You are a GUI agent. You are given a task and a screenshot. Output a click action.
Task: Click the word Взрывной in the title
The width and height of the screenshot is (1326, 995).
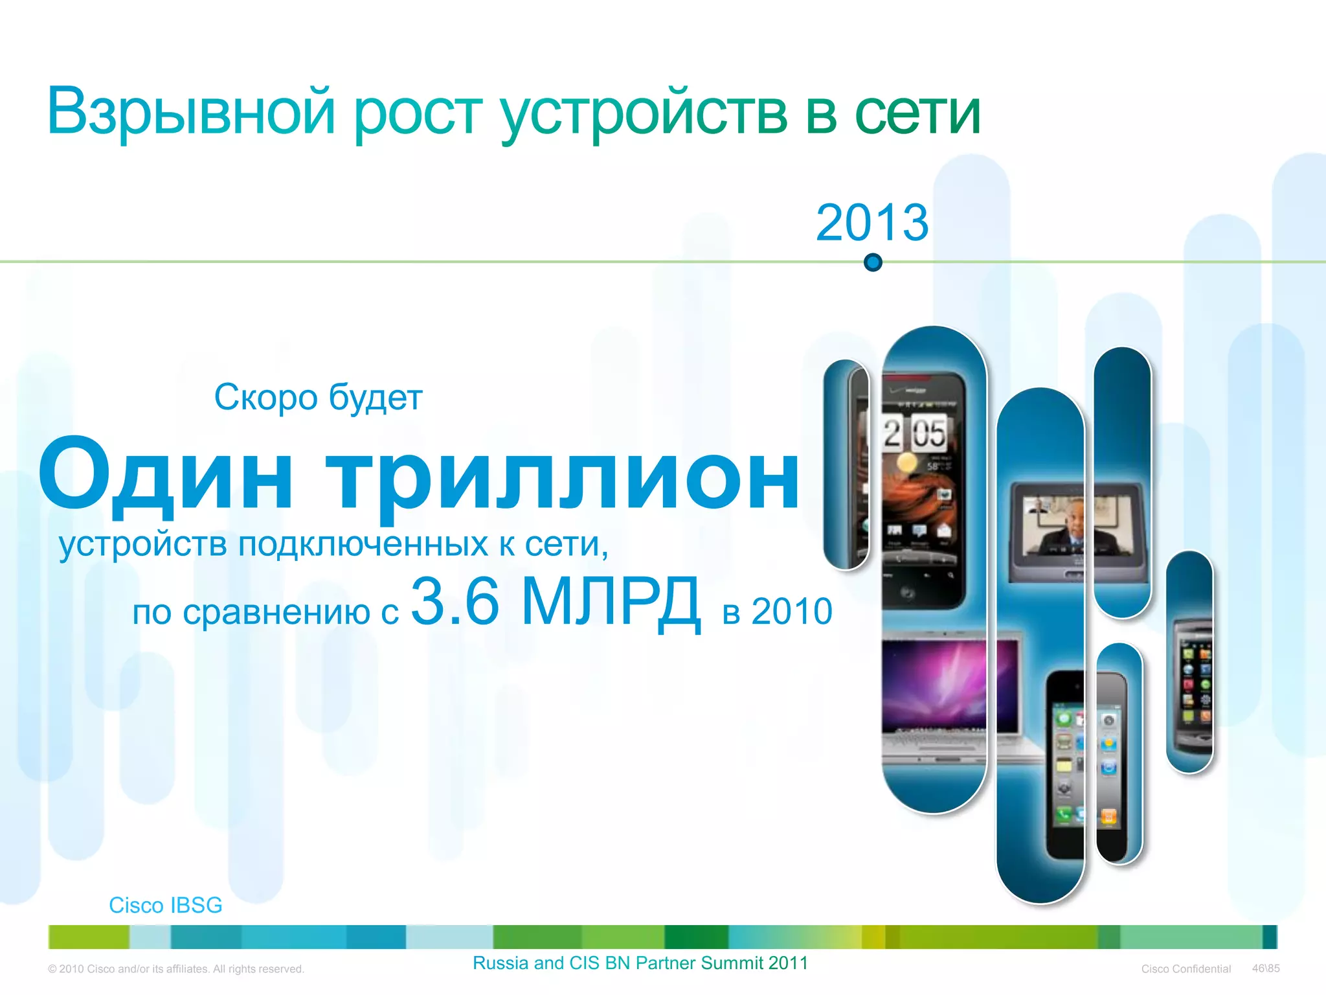click(191, 111)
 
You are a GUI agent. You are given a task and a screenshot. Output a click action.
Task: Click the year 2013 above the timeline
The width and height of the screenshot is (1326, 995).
click(871, 222)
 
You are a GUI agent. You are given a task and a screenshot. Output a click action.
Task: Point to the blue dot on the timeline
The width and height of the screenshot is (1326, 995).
click(873, 262)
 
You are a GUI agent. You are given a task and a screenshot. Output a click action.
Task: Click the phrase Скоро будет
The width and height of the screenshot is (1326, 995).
click(318, 397)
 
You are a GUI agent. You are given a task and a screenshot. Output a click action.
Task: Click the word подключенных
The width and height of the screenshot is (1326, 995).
click(363, 543)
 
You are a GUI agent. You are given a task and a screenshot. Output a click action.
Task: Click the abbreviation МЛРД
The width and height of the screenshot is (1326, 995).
click(611, 602)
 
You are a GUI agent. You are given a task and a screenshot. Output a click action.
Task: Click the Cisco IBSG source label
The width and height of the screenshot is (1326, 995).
click(165, 905)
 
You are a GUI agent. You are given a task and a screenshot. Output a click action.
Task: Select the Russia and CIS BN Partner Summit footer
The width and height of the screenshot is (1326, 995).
click(640, 963)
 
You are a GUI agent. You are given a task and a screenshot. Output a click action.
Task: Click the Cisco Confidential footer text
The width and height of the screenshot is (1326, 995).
click(1186, 969)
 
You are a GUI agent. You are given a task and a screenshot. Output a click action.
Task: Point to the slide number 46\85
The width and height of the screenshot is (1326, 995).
click(1266, 968)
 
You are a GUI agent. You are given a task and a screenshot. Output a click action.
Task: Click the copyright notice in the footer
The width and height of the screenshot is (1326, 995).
click(175, 969)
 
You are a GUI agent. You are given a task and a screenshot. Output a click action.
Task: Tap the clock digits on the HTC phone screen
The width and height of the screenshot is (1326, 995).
click(915, 433)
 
